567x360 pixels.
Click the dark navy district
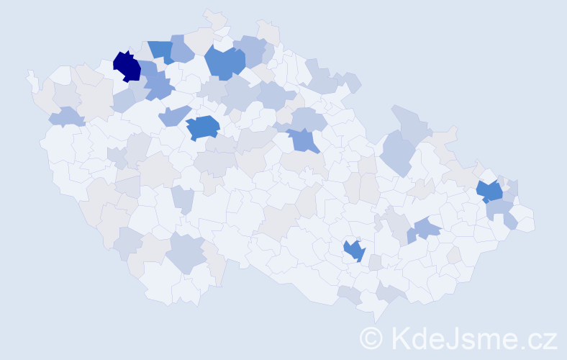(x=127, y=66)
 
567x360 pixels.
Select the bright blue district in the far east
(x=490, y=192)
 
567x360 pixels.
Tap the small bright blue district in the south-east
(x=354, y=251)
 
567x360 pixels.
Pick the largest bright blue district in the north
(x=224, y=62)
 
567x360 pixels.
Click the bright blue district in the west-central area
(x=203, y=127)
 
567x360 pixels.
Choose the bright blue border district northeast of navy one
(x=161, y=51)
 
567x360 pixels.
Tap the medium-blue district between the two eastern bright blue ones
(x=427, y=229)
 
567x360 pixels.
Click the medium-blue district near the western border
(x=65, y=116)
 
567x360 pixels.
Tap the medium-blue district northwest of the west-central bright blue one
(x=175, y=114)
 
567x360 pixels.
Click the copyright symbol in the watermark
(x=371, y=338)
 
